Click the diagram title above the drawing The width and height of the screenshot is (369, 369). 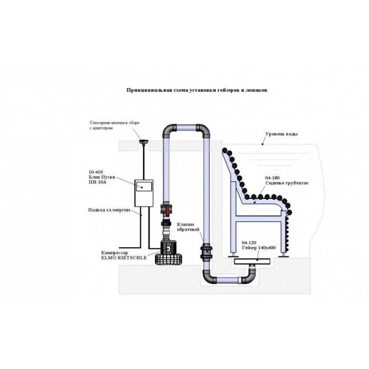pyautogui.click(x=197, y=90)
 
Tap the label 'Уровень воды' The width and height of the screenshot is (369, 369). pyautogui.click(x=281, y=134)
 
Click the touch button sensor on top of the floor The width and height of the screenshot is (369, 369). pyautogui.click(x=142, y=141)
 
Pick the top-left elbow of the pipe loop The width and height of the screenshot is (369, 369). pyautogui.click(x=168, y=130)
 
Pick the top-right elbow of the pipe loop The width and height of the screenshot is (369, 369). pyautogui.click(x=204, y=130)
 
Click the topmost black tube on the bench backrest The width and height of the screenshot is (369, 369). pyautogui.click(x=225, y=151)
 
